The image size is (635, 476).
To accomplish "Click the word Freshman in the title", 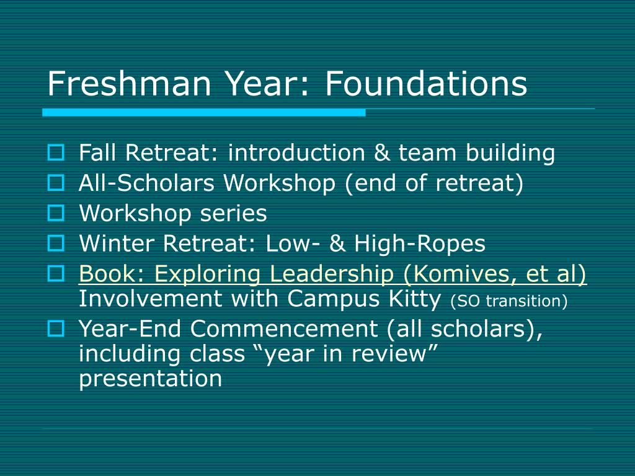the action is tap(129, 84).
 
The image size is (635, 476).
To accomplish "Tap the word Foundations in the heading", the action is tap(426, 84).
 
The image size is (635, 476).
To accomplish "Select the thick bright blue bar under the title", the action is tap(203, 113).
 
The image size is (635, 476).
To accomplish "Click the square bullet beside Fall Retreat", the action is tap(56, 152).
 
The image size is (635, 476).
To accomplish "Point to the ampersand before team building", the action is tap(381, 152).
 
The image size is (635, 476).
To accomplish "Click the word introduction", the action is tap(296, 152).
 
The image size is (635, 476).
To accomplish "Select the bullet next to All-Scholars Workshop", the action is tap(56, 183).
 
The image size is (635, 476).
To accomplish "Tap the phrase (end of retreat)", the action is tap(434, 183).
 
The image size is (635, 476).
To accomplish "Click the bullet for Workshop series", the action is tap(56, 213).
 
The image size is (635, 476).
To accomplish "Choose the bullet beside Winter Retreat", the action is tap(56, 243).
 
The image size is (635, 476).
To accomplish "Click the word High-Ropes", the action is tap(420, 244).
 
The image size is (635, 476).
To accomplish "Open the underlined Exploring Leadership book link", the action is tap(332, 274).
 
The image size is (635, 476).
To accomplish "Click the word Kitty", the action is tap(414, 299).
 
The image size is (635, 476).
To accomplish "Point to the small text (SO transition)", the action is tap(508, 301).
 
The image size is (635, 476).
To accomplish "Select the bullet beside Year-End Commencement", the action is tap(56, 328).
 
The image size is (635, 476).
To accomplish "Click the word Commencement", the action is tap(284, 328).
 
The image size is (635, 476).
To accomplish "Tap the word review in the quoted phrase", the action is tap(389, 354).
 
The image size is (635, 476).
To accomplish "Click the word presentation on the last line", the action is tap(150, 379).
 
